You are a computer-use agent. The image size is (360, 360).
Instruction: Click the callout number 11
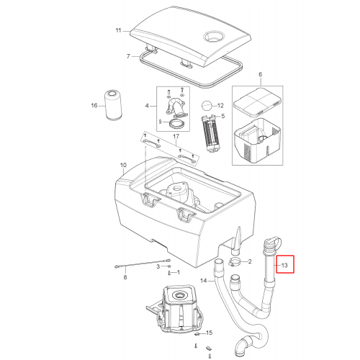(x=119, y=30)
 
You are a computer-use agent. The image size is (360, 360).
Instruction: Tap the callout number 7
(x=128, y=56)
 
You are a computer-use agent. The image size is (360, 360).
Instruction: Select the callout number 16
(x=94, y=105)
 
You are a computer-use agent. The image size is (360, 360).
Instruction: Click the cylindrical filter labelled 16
(x=113, y=105)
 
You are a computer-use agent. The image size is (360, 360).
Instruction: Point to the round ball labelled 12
(x=207, y=106)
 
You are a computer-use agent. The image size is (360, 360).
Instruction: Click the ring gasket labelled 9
(x=177, y=124)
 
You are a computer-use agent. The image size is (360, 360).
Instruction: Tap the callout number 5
(x=223, y=116)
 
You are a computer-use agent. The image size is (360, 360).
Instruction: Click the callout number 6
(x=261, y=74)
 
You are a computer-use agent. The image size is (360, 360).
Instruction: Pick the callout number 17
(x=176, y=136)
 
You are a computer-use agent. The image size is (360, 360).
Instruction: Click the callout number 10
(x=123, y=165)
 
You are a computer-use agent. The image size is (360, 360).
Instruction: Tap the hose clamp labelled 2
(x=235, y=261)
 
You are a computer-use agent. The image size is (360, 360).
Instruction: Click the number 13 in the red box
(x=284, y=265)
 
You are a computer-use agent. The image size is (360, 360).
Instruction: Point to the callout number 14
(x=204, y=280)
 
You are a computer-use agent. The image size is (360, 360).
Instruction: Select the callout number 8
(x=125, y=277)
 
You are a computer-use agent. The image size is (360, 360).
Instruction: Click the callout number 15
(x=210, y=333)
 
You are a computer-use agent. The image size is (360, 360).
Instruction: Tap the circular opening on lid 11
(x=215, y=37)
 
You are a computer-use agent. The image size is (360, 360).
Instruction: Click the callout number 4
(x=147, y=106)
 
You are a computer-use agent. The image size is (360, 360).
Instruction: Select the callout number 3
(x=158, y=266)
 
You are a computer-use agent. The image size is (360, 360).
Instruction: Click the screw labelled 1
(x=169, y=273)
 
